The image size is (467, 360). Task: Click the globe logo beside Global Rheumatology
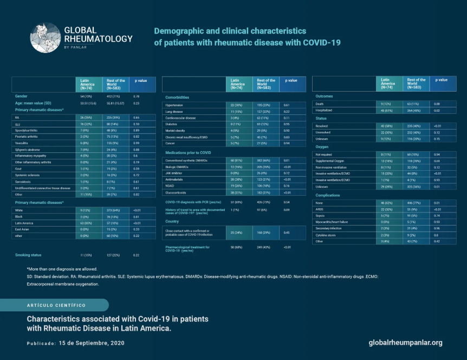pyautogui.click(x=45, y=38)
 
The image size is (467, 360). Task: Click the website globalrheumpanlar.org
pyautogui.click(x=405, y=343)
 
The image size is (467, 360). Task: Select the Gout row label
pyautogui.click(x=19, y=168)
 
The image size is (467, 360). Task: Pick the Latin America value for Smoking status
pyautogui.click(x=86, y=255)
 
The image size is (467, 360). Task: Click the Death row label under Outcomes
pyautogui.click(x=320, y=104)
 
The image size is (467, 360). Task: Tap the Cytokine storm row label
pyautogui.click(x=327, y=235)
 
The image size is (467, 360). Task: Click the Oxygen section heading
pyautogui.click(x=323, y=146)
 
